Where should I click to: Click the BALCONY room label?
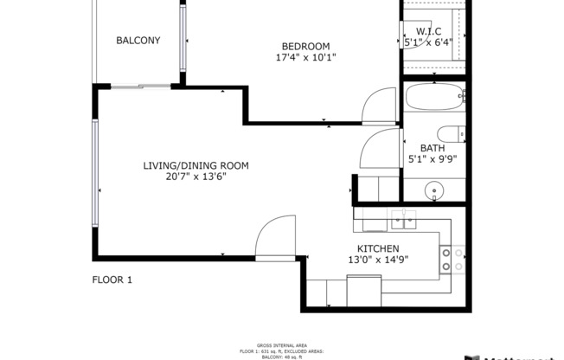[x=138, y=40]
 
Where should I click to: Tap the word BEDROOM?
[x=305, y=46]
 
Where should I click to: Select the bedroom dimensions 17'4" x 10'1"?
[x=305, y=58]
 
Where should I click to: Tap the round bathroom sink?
[x=433, y=190]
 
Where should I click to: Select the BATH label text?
[x=433, y=148]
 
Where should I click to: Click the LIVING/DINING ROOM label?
[x=195, y=165]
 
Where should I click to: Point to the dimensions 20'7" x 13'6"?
[x=195, y=177]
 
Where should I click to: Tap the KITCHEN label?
[x=372, y=248]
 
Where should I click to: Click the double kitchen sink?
[x=402, y=220]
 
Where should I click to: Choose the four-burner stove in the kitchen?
[x=452, y=260]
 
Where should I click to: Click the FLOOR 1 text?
[x=112, y=280]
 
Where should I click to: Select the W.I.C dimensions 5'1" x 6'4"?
[x=430, y=42]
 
